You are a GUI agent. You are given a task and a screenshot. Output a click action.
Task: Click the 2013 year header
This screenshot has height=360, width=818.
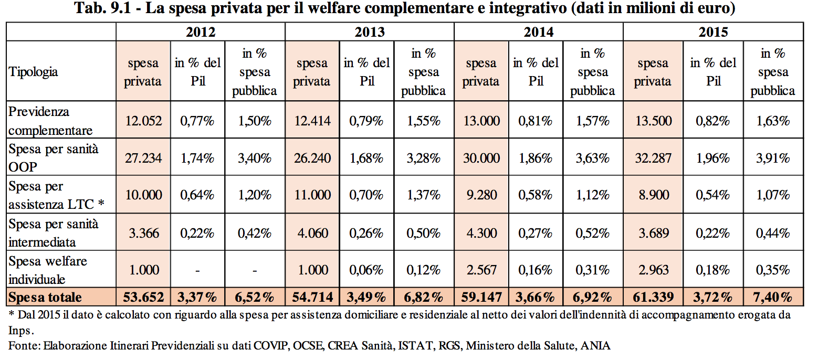click(369, 32)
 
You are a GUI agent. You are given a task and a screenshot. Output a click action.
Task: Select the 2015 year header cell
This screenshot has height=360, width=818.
click(713, 32)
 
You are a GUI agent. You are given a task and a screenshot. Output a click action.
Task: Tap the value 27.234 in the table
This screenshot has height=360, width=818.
click(143, 157)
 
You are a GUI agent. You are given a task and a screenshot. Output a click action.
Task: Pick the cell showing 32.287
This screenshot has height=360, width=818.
click(653, 157)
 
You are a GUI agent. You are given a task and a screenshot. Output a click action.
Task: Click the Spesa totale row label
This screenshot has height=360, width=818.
click(45, 297)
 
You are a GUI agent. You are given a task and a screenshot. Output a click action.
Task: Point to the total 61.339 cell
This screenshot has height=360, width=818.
click(653, 297)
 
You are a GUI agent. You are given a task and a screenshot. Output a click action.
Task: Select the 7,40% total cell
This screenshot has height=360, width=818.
click(772, 297)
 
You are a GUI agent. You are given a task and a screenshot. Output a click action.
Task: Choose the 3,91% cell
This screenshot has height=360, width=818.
click(772, 157)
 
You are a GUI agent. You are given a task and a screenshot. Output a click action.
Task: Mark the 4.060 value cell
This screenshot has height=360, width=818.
click(312, 232)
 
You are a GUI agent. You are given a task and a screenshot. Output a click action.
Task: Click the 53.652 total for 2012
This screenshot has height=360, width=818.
click(143, 297)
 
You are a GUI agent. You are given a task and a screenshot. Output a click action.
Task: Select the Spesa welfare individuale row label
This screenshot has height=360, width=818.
click(48, 270)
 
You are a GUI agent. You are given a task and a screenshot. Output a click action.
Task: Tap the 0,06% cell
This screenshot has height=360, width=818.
click(366, 270)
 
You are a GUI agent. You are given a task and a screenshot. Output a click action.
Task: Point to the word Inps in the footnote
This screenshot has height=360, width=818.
click(20, 331)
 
